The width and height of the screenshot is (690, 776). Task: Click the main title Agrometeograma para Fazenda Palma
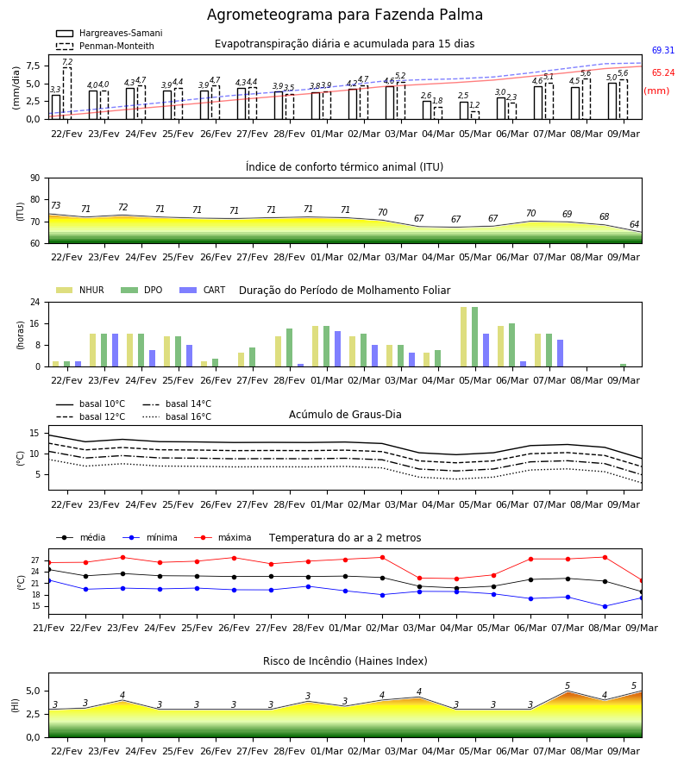click(344, 15)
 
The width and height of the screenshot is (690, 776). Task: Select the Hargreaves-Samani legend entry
click(110, 33)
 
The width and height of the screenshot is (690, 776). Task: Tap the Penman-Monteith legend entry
click(105, 46)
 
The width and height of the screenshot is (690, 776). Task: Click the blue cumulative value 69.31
click(663, 51)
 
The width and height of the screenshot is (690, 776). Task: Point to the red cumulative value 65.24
click(663, 72)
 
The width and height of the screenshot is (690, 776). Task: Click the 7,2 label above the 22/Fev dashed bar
click(67, 62)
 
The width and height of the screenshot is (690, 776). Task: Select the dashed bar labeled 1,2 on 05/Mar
click(474, 116)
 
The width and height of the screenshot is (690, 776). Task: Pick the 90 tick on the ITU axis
click(35, 178)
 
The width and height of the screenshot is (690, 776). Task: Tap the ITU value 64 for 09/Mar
click(634, 224)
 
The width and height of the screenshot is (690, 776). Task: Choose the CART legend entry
click(202, 290)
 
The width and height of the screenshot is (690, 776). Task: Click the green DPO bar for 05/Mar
click(474, 337)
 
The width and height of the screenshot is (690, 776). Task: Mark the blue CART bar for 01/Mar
click(337, 349)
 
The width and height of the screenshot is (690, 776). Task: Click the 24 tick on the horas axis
click(35, 302)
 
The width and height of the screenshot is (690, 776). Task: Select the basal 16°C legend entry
click(177, 416)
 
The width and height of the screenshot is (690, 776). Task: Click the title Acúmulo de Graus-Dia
click(345, 415)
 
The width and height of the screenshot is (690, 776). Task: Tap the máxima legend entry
click(223, 537)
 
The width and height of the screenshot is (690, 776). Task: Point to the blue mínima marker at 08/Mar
click(605, 606)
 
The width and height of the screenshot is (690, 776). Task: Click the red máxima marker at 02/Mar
click(382, 557)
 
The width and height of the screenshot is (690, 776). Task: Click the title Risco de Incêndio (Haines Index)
click(345, 661)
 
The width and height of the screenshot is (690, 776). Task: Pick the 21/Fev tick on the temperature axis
click(48, 628)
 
